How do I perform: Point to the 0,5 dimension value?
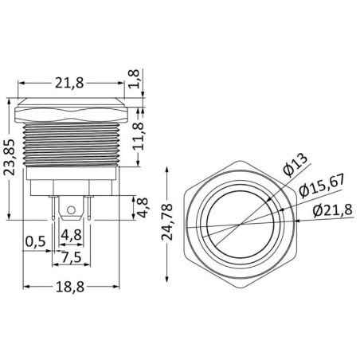34,241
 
